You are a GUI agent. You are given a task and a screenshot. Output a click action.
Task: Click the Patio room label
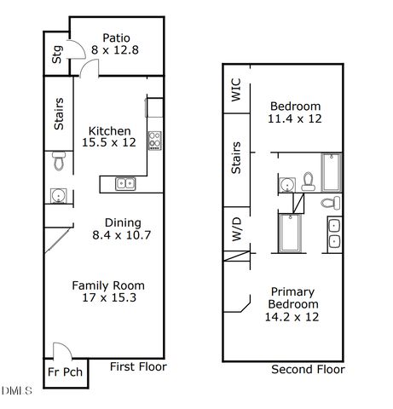point(116,37)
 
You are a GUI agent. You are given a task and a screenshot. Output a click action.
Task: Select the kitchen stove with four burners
point(155,140)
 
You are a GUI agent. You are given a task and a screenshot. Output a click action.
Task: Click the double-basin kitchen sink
point(124,182)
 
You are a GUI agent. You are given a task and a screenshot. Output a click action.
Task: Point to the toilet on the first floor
point(57,160)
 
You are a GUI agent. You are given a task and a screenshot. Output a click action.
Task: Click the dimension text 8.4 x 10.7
point(121,234)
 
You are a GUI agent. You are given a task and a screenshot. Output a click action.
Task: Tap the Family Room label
point(107,285)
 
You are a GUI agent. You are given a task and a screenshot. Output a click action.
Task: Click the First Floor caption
point(138,367)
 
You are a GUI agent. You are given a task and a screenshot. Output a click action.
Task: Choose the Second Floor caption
point(308,370)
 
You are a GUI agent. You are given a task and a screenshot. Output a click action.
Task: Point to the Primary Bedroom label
point(293,297)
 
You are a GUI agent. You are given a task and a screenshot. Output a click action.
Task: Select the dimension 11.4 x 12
point(293,119)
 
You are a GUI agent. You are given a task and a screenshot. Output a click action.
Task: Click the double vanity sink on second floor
point(334,234)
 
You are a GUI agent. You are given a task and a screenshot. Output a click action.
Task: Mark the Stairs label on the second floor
point(236,158)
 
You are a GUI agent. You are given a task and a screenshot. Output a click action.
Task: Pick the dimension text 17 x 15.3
point(107,299)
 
